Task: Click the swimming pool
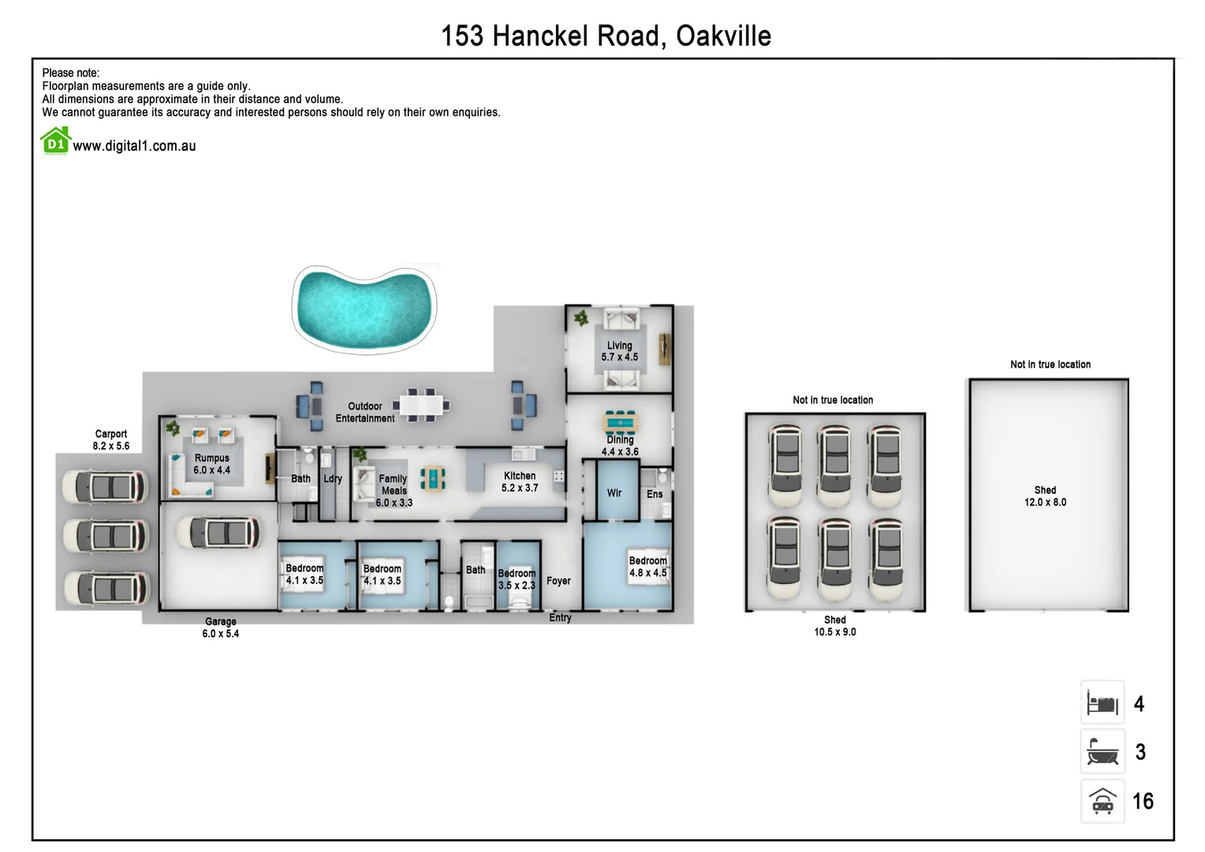364,306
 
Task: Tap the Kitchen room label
520,481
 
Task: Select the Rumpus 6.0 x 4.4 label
212,464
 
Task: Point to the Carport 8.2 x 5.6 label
111,440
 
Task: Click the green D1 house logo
55,142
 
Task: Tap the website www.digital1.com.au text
134,146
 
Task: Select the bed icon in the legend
1102,703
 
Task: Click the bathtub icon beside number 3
1102,752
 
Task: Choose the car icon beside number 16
1102,802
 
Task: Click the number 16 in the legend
1143,802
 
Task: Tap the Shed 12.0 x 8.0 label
1045,496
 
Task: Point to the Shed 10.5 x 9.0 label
835,626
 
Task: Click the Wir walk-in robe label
614,493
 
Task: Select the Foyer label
558,581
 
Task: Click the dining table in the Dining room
621,423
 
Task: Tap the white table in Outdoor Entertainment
421,405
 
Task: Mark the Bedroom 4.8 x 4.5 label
647,566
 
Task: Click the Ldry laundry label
333,478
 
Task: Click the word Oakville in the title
723,36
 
